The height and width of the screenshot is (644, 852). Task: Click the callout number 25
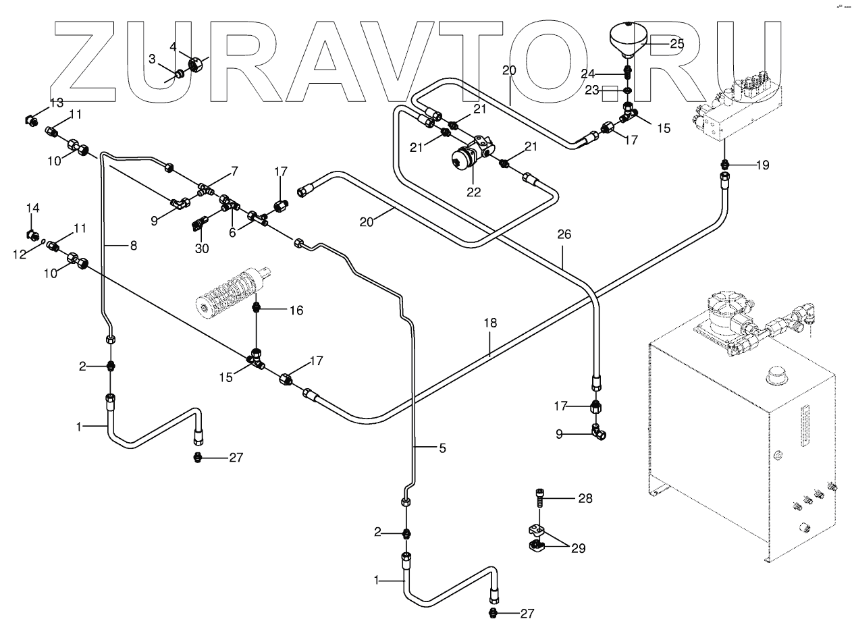point(676,43)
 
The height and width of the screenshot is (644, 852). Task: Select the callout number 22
point(474,192)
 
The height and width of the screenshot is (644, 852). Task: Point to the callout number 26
point(564,235)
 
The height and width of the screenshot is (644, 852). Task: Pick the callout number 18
point(489,323)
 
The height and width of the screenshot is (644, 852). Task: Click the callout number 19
point(762,165)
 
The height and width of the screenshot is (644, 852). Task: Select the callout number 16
point(296,311)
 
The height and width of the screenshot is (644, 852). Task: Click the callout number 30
point(202,248)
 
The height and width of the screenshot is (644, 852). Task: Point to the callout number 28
point(585,499)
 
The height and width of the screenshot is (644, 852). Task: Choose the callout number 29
point(578,548)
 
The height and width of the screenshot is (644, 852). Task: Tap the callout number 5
point(442,448)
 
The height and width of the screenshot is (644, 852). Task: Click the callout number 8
point(133,246)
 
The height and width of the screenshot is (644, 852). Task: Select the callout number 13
point(56,103)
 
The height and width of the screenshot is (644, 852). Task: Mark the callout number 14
point(33,209)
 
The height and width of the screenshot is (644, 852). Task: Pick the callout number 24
point(588,73)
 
